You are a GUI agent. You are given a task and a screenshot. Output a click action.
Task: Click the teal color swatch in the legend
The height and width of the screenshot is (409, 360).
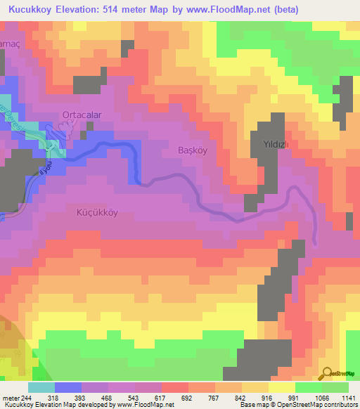pyautogui.click(x=41, y=388)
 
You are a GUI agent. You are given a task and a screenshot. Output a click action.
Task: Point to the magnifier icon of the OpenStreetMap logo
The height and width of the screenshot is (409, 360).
pyautogui.click(x=326, y=372)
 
